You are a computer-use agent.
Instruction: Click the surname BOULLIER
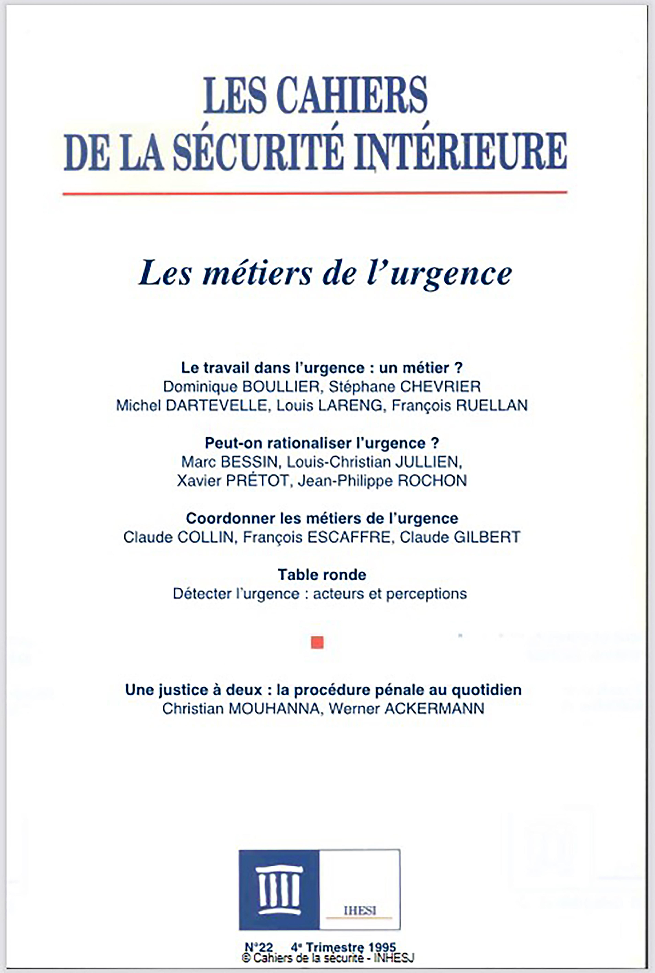(281, 387)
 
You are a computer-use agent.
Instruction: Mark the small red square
(317, 642)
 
